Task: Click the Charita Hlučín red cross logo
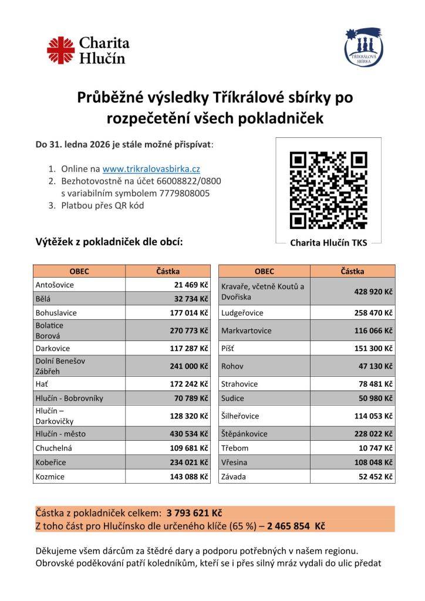[60, 50]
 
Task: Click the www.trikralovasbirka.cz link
[151, 168]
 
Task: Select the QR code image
[328, 190]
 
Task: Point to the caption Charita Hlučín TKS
[328, 242]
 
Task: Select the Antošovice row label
[55, 285]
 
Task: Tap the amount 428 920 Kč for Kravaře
[373, 292]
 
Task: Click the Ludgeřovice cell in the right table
[242, 313]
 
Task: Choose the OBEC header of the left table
[79, 271]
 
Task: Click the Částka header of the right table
[352, 271]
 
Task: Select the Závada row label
[233, 477]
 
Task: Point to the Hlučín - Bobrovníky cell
[69, 398]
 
